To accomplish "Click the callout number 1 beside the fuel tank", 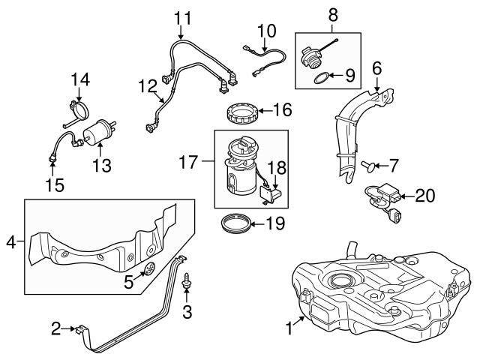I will click(x=289, y=328).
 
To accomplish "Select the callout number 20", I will click(x=424, y=196).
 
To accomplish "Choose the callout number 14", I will click(x=80, y=78).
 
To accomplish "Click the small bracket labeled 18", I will click(x=270, y=195).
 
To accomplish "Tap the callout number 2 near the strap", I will click(x=55, y=328).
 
